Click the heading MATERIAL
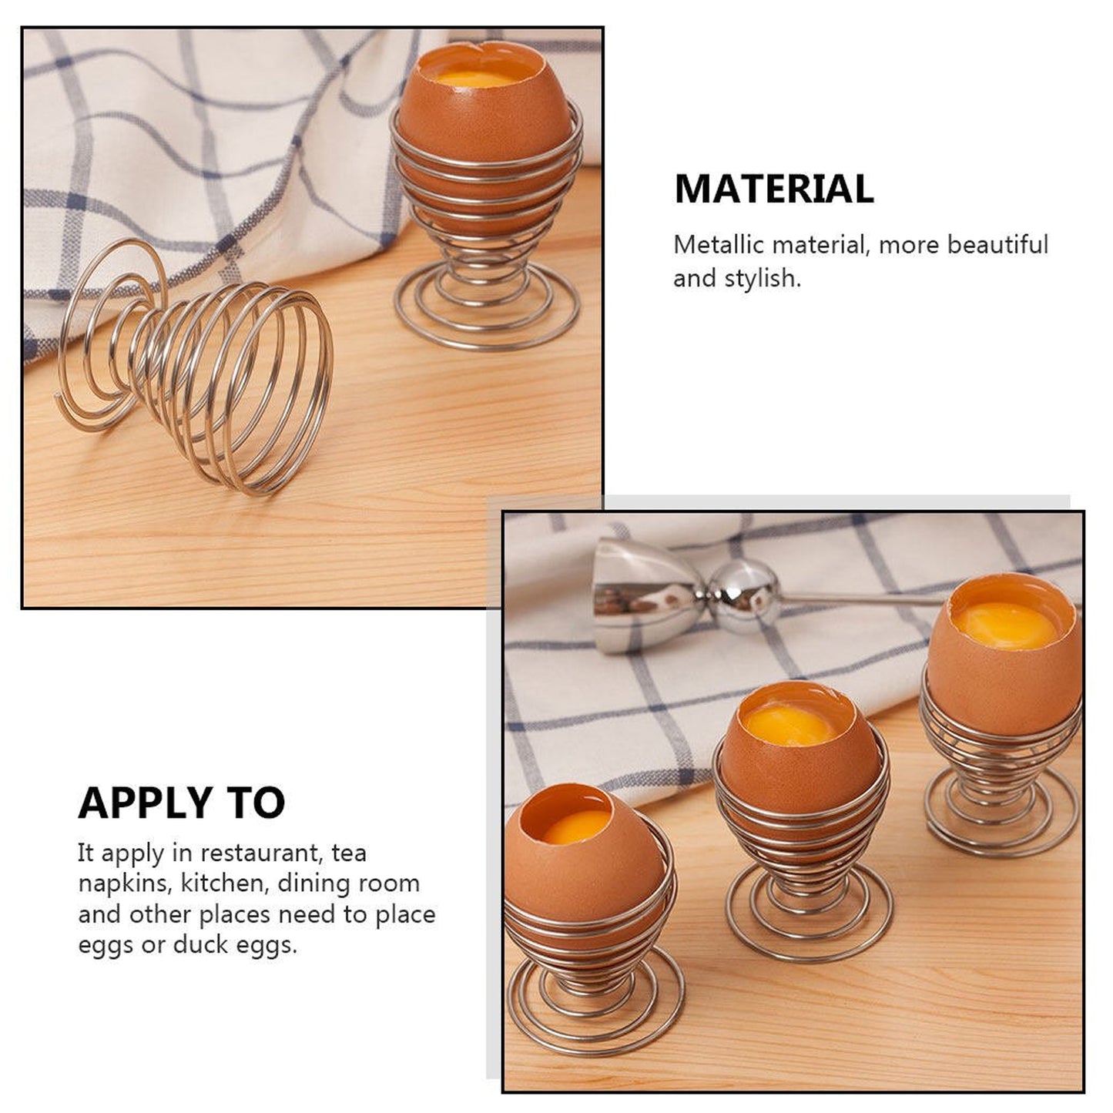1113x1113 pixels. pos(774,189)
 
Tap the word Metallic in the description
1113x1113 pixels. pos(719,245)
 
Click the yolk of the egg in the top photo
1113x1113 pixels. pos(475,79)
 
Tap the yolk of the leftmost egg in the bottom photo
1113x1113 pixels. pos(578,827)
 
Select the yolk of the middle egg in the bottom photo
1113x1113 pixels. pos(788,726)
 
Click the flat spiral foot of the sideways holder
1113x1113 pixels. pos(108,339)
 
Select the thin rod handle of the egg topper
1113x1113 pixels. pos(863,598)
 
